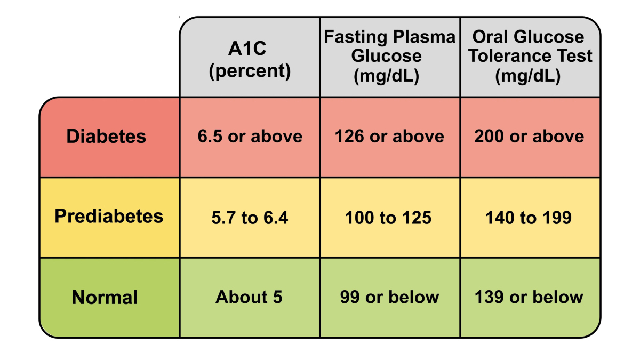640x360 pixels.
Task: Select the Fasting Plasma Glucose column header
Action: [389, 57]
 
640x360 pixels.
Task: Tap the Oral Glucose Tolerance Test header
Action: [530, 57]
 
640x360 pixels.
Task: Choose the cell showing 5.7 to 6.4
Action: [250, 218]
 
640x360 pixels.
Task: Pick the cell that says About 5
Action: [249, 297]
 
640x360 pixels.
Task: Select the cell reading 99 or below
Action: [389, 297]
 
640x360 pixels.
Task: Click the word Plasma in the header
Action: [425, 37]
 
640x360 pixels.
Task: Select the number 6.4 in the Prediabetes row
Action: [276, 218]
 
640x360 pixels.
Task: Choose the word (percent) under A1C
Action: [250, 71]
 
